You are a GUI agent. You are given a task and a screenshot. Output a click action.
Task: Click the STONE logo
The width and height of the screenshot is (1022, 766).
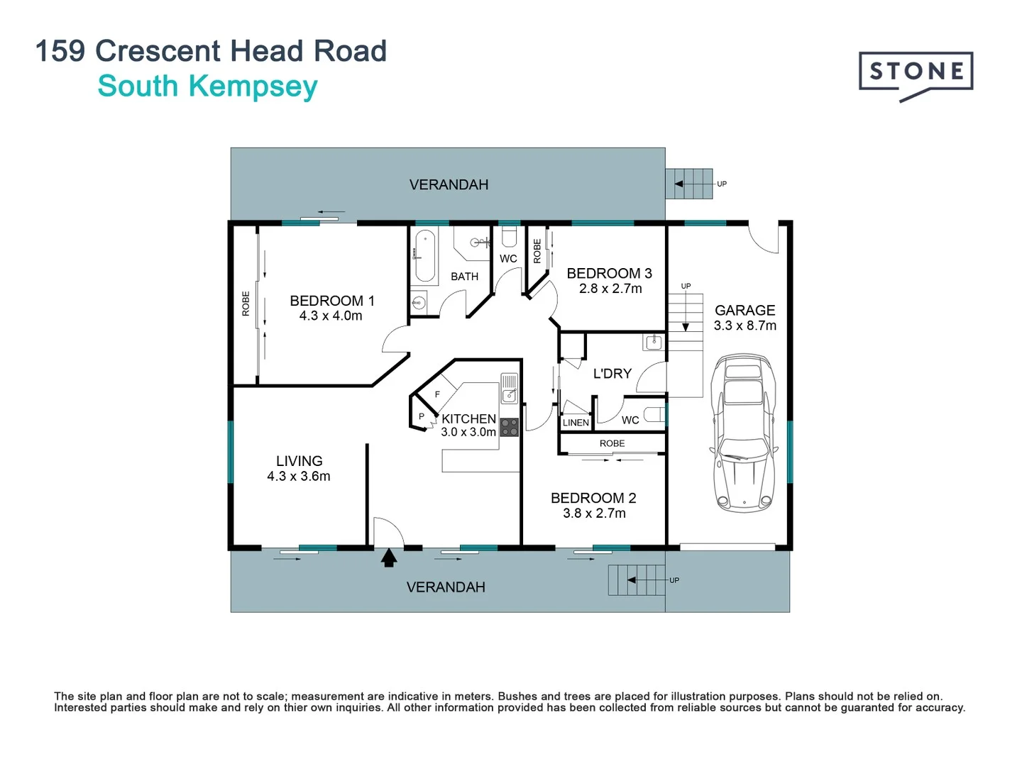tap(916, 72)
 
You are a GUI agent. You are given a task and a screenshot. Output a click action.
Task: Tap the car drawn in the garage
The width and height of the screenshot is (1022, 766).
tap(743, 433)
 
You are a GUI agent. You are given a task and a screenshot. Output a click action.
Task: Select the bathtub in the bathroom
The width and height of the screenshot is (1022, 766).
tap(425, 255)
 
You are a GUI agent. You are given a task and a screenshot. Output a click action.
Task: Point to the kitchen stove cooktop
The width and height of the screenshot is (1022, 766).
tap(510, 427)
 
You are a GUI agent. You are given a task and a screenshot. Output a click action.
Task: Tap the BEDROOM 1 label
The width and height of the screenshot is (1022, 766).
tap(331, 301)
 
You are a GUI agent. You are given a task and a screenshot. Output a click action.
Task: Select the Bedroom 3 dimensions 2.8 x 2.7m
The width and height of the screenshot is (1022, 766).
tap(610, 289)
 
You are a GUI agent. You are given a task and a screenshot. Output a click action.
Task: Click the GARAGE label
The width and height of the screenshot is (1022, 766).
tap(744, 310)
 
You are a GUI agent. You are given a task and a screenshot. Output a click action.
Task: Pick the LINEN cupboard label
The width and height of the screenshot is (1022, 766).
tap(576, 423)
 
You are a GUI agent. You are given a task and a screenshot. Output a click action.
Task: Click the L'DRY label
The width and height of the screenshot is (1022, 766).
tap(612, 373)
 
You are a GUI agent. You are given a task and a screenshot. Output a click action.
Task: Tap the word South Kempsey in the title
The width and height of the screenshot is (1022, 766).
tap(207, 87)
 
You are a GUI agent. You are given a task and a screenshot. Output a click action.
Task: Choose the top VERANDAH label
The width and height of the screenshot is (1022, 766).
tap(449, 184)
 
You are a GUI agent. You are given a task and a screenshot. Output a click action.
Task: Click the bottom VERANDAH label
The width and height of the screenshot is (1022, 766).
tap(446, 587)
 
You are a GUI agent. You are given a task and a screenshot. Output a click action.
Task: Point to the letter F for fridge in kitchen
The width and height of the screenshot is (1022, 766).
tap(437, 394)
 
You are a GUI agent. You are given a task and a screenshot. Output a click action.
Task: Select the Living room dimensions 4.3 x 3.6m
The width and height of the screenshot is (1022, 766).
tap(298, 477)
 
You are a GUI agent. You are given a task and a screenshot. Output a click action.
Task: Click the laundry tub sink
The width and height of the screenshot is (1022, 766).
tap(653, 343)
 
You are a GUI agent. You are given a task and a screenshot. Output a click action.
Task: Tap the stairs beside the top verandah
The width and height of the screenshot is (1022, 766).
tap(689, 184)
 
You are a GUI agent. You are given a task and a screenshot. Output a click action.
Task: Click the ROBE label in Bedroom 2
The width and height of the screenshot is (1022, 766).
tap(612, 443)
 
